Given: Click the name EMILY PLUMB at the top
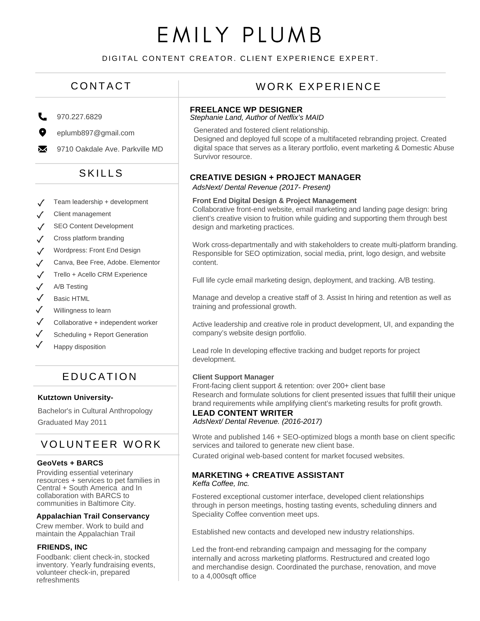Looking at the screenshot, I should pos(240,35).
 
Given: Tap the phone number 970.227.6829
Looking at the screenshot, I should pos(79,117).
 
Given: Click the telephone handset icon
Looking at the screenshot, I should pos(42,117).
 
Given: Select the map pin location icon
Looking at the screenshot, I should pos(42,133).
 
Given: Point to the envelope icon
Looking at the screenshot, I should pos(42,149).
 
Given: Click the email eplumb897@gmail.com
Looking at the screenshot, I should pos(96,133).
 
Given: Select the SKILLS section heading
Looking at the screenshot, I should pos(101,173).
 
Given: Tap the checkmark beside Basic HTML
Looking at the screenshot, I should pos(40,298).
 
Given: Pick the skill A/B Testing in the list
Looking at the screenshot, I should pos(71,287).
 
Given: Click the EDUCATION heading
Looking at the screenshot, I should pos(100,377).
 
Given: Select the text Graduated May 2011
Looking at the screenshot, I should pos(72,422).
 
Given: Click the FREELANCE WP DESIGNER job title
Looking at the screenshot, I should pos(246,110).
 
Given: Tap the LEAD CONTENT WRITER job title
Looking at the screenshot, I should pos(243,413).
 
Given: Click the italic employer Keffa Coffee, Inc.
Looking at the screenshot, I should pos(221,483).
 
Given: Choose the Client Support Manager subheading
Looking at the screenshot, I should pos(233,377).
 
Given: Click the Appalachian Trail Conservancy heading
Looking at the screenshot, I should pos(93,516).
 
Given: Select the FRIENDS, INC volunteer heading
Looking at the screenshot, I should pos(62,547).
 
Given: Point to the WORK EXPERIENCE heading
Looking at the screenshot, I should pos(318,87).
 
